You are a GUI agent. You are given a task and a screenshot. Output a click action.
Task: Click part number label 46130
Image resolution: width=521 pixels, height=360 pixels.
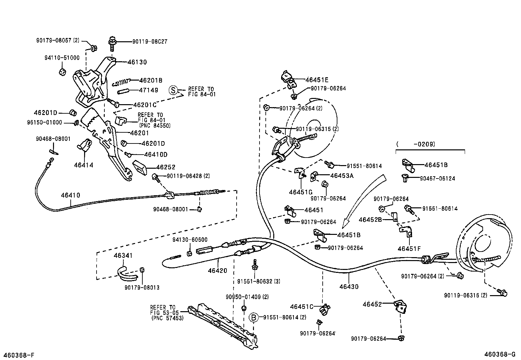point(137,62)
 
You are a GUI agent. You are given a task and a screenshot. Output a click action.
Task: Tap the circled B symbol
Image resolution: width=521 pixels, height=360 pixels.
point(254,317)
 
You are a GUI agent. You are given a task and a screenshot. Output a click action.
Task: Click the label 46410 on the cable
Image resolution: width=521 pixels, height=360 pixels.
point(70,195)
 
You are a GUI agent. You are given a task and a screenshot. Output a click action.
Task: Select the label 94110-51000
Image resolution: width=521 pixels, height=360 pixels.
point(62,58)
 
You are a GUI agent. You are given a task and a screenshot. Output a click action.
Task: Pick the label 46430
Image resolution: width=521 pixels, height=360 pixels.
point(349,287)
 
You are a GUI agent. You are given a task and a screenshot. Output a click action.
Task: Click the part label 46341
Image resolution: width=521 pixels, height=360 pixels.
point(123,255)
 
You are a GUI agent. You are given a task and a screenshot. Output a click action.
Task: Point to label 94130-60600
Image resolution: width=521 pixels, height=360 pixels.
point(190,240)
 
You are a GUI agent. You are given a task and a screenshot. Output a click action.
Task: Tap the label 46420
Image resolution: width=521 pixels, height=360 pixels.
point(217,271)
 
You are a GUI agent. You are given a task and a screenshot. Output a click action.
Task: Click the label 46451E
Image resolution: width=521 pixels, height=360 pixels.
point(317,80)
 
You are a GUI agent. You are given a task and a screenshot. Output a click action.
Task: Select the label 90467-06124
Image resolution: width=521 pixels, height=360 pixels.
point(437,179)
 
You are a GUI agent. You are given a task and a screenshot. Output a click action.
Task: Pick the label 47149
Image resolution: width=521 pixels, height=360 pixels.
point(149,90)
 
